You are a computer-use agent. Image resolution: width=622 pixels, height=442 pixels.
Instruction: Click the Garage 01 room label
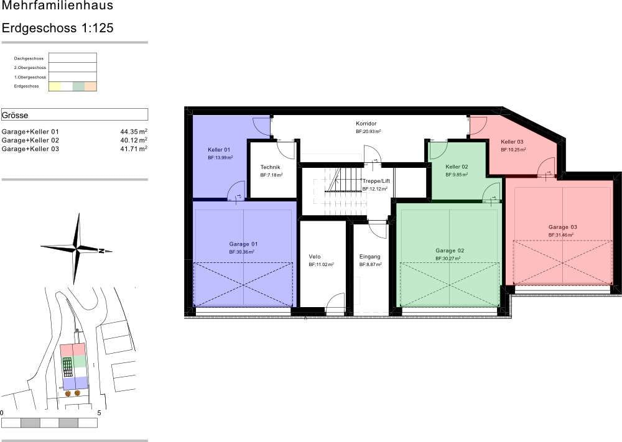(243, 244)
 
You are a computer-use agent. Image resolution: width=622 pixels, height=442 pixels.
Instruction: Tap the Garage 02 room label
(449, 250)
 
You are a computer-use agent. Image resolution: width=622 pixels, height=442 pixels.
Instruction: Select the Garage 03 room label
(562, 227)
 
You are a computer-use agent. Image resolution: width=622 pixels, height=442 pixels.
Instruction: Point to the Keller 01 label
(219, 150)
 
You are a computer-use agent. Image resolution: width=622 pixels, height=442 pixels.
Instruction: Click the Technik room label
(271, 167)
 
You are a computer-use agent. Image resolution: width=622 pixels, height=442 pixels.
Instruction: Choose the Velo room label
(315, 256)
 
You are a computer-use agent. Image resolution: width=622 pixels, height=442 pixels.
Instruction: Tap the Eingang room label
(369, 256)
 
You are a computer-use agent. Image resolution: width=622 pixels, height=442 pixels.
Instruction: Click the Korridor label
(366, 124)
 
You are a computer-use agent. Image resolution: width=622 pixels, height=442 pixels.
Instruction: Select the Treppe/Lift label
(376, 180)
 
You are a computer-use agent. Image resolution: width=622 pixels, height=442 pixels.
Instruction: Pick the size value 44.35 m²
(134, 132)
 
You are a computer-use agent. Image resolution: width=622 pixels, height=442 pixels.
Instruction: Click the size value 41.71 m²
(134, 149)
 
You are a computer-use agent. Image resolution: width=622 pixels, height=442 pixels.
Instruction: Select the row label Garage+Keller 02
(30, 140)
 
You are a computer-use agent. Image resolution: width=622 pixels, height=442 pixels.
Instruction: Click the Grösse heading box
(75, 114)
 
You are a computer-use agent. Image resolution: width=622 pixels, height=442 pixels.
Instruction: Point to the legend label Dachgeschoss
(29, 58)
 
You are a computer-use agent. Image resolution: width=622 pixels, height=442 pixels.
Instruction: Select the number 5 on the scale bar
(99, 412)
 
